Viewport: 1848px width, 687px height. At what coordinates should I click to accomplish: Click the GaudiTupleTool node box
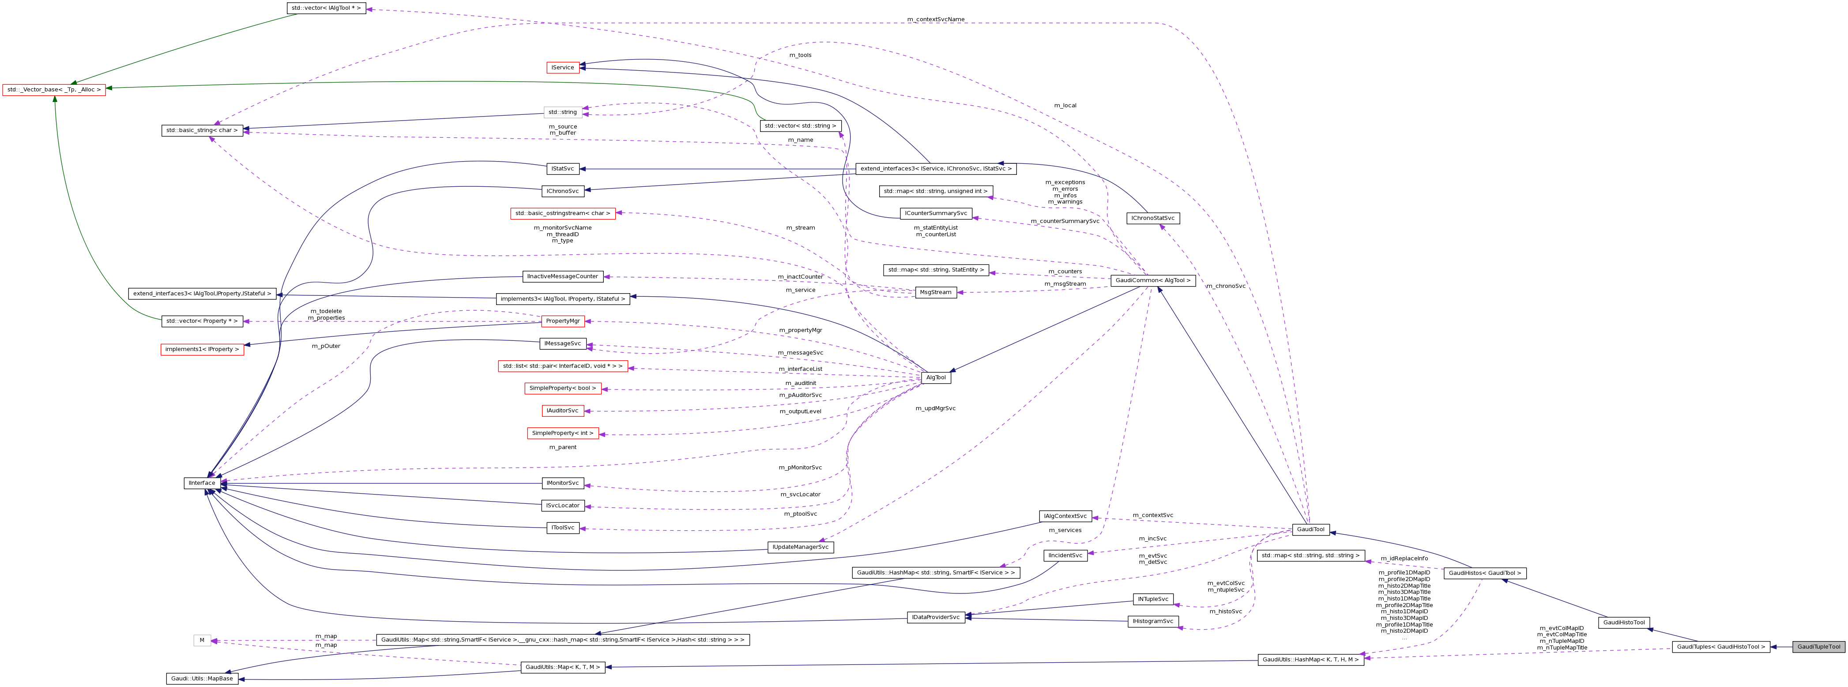coord(1818,647)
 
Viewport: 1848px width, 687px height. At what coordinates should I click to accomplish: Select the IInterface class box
coord(202,483)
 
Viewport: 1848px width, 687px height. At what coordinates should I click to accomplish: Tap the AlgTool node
coord(936,377)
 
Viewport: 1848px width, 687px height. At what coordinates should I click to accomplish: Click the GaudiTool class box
coord(1310,530)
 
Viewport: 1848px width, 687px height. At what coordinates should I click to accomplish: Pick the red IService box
coord(562,68)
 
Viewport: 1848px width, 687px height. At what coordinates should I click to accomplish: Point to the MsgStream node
coord(936,292)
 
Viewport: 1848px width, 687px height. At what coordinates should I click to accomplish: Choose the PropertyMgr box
coord(562,321)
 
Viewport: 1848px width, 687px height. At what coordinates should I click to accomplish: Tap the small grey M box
coord(202,640)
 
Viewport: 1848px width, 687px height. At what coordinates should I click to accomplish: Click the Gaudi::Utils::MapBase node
coord(202,678)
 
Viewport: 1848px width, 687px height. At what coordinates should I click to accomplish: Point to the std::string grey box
coord(562,112)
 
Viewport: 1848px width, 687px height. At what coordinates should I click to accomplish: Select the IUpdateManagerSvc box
coord(801,547)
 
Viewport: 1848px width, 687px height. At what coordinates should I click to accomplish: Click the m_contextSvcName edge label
coord(936,19)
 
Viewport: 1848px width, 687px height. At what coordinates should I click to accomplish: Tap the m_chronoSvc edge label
coord(1225,286)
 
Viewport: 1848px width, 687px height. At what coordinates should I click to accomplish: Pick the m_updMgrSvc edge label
coord(936,408)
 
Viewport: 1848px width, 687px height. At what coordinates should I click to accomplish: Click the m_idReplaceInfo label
coord(1404,559)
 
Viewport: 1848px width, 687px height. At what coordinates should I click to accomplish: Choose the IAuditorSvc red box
coord(562,411)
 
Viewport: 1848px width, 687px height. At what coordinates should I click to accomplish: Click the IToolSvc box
coord(562,528)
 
